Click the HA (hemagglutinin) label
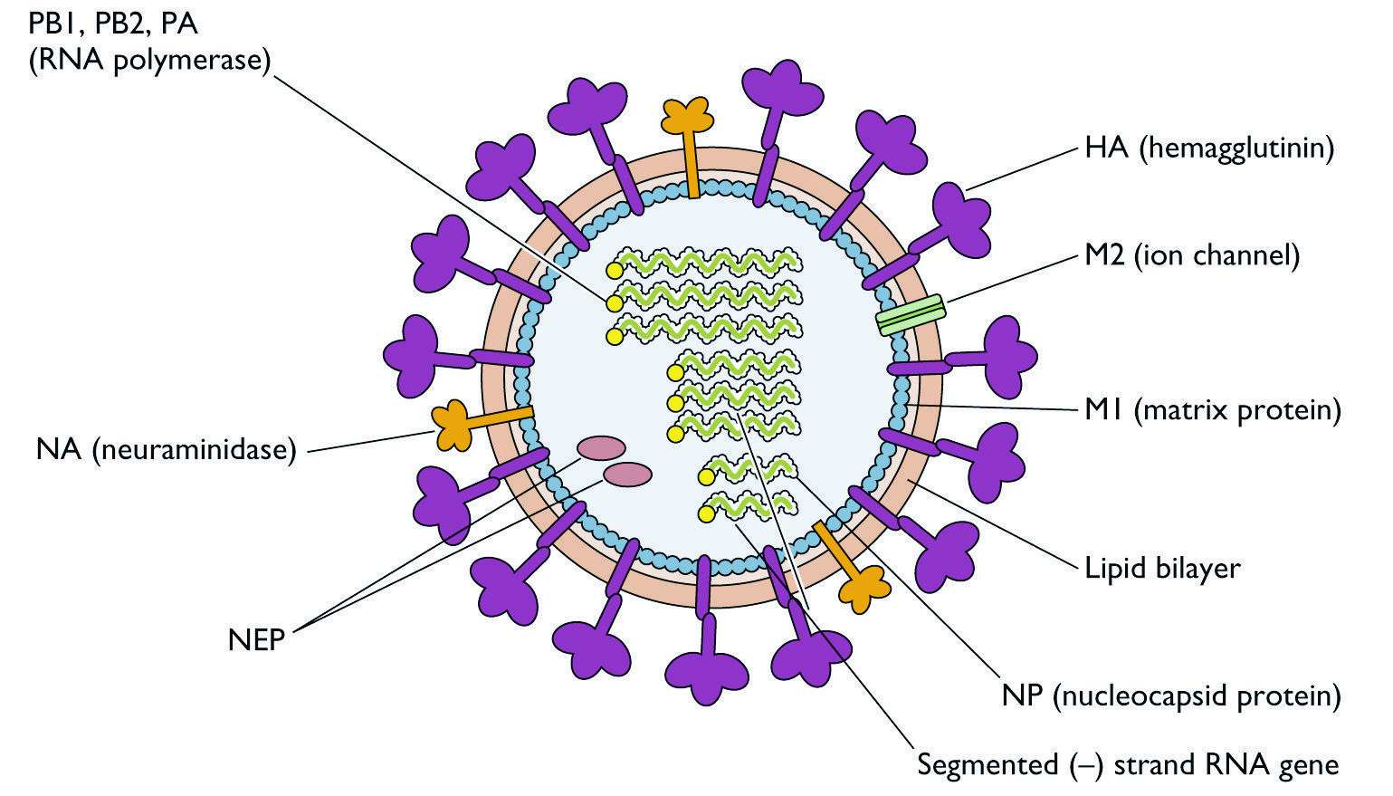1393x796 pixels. pos(1209,148)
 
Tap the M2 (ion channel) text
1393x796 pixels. pos(1192,255)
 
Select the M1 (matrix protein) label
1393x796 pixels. pos(1212,410)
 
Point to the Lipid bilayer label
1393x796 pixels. pos(1162,568)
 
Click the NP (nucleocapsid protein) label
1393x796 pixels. pos(1170,695)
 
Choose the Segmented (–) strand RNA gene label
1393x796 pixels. pos(1127,764)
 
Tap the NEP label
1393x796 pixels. pos(256,640)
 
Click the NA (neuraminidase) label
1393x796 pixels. pos(167,449)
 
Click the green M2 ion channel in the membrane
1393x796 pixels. pos(911,315)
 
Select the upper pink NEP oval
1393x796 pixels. pos(601,446)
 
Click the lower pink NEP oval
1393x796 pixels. pos(627,474)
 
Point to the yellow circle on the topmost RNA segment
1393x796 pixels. pos(615,270)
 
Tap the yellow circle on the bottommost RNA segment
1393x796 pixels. pos(706,514)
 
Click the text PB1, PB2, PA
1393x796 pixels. pos(113,23)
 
